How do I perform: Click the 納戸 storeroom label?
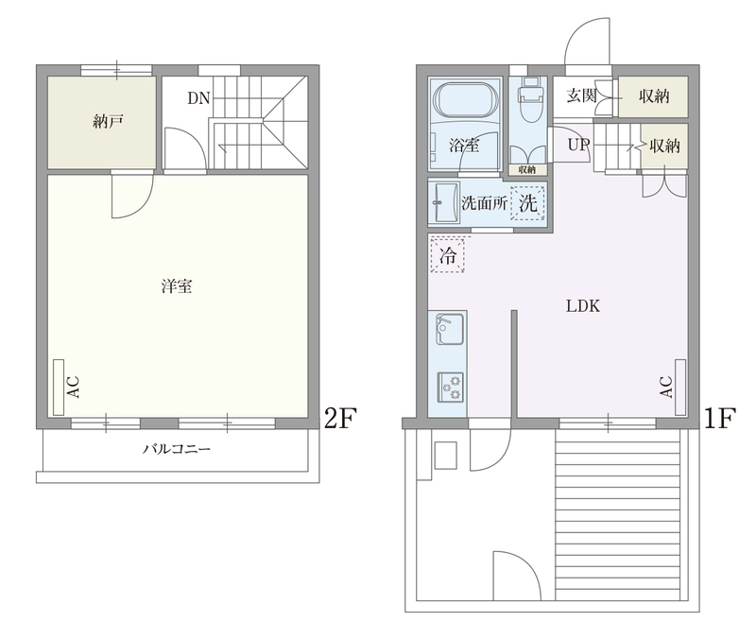(x=107, y=122)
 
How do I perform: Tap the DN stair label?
(x=198, y=98)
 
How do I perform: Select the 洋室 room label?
(x=177, y=286)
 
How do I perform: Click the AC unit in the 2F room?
(x=59, y=388)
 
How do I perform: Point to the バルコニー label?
(x=177, y=449)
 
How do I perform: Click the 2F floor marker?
(x=340, y=418)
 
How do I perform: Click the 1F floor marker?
(x=720, y=418)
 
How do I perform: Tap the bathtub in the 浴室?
(x=465, y=100)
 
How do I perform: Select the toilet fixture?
(x=531, y=94)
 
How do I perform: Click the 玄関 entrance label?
(x=581, y=95)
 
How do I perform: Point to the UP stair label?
(x=578, y=145)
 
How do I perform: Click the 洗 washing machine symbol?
(x=528, y=203)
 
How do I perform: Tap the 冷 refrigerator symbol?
(x=447, y=255)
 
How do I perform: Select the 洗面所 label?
(x=484, y=203)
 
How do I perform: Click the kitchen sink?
(x=450, y=328)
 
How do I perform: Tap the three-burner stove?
(x=451, y=387)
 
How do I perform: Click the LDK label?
(x=583, y=305)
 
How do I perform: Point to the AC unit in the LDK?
(x=680, y=388)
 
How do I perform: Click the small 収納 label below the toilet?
(x=527, y=169)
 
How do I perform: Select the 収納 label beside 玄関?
(x=654, y=96)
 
